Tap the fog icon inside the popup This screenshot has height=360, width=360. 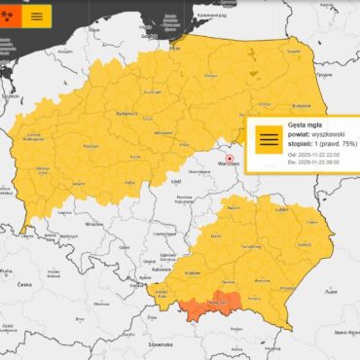pyautogui.click(x=267, y=142)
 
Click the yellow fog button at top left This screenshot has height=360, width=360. pyautogui.click(x=37, y=16)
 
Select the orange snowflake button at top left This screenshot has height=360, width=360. pyautogui.click(x=9, y=16)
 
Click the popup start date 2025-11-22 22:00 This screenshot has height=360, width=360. pyautogui.click(x=324, y=159)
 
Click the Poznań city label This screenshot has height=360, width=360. pyautogui.click(x=65, y=146)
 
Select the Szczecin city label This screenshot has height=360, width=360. pyautogui.click(x=12, y=97)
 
